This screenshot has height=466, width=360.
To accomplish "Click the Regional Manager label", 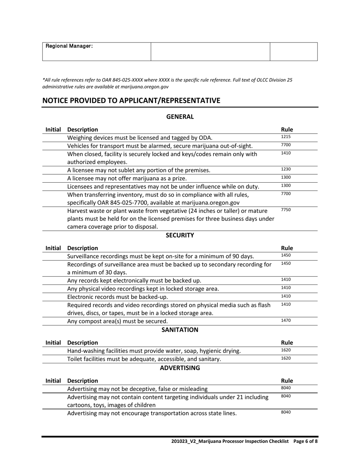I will pyautogui.click(x=69, y=46).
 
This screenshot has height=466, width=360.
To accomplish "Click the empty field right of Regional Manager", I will pyautogui.click(x=210, y=52).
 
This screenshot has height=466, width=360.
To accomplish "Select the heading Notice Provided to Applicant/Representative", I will pyautogui.click(x=131, y=100).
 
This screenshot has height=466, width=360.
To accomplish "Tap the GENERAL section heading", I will pyautogui.click(x=180, y=117).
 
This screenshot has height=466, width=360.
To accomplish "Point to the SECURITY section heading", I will pyautogui.click(x=180, y=235).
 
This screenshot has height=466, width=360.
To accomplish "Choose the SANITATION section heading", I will pyautogui.click(x=180, y=330).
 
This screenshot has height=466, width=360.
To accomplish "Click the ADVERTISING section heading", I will pyautogui.click(x=180, y=368).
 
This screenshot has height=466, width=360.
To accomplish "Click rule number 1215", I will pyautogui.click(x=286, y=137).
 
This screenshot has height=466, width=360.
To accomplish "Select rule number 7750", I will pyautogui.click(x=286, y=210).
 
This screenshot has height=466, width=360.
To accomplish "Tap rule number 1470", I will pyautogui.click(x=286, y=321).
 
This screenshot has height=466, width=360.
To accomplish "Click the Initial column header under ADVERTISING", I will pyautogui.click(x=53, y=381).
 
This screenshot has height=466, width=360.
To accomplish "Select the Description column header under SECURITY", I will pyautogui.click(x=82, y=248).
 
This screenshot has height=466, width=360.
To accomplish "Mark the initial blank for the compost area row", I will pyautogui.click(x=53, y=321).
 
